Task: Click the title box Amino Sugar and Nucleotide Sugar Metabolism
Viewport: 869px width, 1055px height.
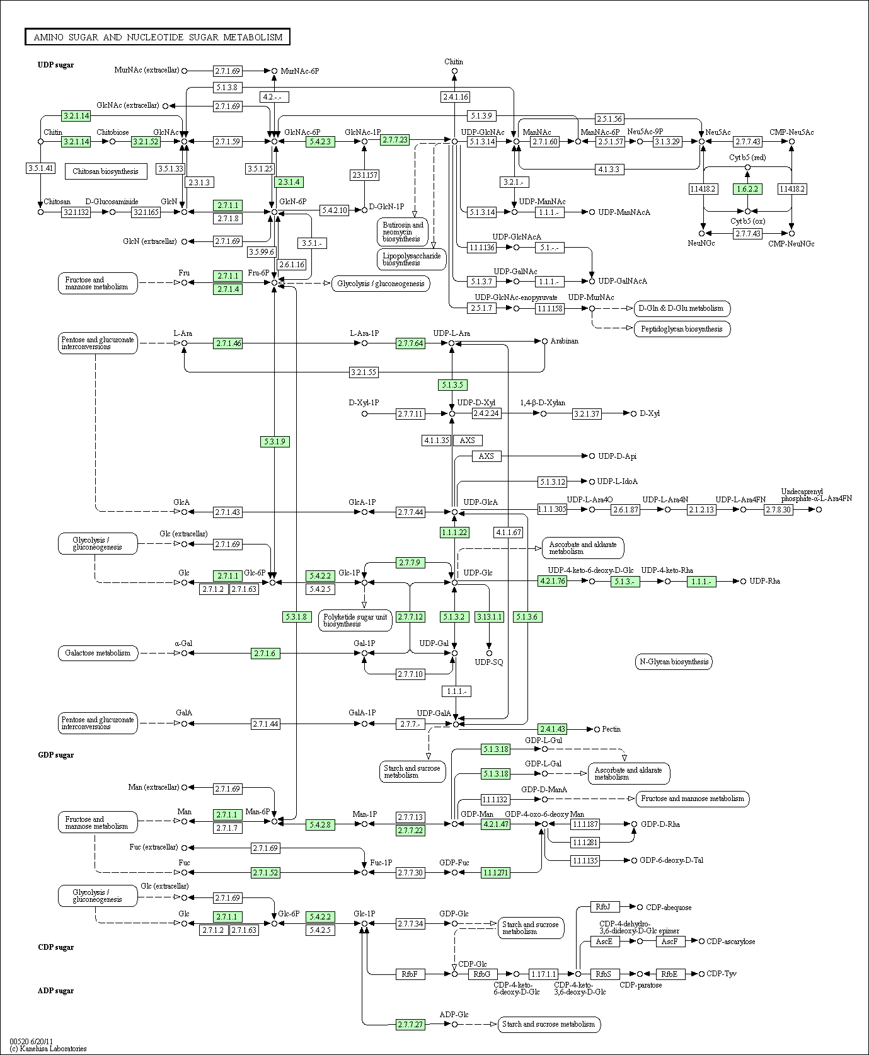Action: [x=158, y=37]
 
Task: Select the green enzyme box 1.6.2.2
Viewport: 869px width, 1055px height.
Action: [x=747, y=189]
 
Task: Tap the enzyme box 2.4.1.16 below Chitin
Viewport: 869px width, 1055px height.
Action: [x=455, y=97]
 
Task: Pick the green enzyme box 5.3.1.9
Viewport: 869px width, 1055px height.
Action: [x=275, y=442]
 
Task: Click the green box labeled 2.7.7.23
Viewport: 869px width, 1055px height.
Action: [x=395, y=140]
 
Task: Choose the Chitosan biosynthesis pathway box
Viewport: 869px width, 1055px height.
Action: [x=106, y=171]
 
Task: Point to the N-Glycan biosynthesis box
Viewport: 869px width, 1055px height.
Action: [x=674, y=662]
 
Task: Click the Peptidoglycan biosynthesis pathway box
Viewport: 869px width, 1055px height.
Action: [x=682, y=329]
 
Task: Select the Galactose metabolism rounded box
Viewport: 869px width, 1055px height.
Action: [x=98, y=653]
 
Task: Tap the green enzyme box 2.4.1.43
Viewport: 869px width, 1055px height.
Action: [x=553, y=729]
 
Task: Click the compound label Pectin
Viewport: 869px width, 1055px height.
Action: [x=611, y=729]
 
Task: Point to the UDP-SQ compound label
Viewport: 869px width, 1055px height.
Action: [x=489, y=662]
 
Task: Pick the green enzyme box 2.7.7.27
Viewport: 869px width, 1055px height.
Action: [x=410, y=1025]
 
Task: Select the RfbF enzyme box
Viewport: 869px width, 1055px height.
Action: [x=410, y=974]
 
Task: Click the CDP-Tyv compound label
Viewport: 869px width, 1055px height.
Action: [x=722, y=974]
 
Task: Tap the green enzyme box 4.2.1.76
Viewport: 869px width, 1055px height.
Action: [x=553, y=581]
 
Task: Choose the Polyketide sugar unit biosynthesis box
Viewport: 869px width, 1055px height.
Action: [x=355, y=621]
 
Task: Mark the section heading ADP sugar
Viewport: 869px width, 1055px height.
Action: [x=56, y=991]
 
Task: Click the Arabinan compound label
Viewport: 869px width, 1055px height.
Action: [x=565, y=341]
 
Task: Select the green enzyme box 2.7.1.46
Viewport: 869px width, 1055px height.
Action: [x=227, y=343]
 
